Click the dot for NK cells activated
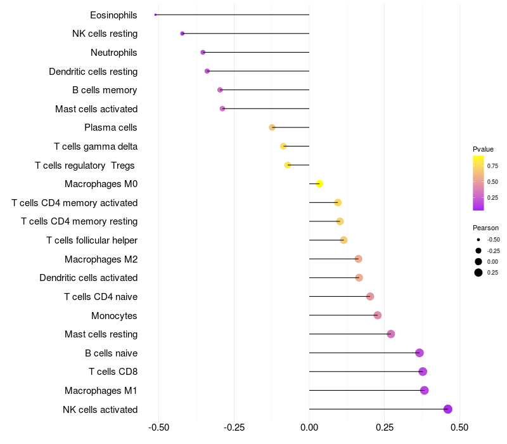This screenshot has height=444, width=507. tap(448, 409)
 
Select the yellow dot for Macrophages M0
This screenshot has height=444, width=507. tap(319, 184)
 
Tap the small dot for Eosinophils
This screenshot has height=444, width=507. tap(155, 15)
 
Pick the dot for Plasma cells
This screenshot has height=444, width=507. tap(272, 127)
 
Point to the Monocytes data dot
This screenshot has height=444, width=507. tap(378, 315)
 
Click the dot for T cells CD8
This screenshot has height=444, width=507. tap(423, 372)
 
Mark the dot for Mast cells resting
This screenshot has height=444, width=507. tap(390, 334)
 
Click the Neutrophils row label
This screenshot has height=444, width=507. tap(114, 52)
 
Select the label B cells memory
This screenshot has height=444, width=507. tap(105, 90)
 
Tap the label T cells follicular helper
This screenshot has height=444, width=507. tap(92, 240)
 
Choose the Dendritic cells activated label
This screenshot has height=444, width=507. tap(89, 278)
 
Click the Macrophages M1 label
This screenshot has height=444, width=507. tap(101, 391)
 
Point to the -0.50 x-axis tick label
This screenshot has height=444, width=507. tap(158, 428)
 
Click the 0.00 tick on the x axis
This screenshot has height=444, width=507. tap(309, 428)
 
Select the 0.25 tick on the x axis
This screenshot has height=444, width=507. tap(385, 428)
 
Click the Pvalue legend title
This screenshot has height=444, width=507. tap(483, 149)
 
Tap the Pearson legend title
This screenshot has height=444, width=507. tap(485, 228)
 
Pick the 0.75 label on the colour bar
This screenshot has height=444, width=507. tap(492, 166)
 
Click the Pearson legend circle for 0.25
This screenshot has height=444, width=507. tap(478, 273)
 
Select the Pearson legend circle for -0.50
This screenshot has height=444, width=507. tap(478, 240)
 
